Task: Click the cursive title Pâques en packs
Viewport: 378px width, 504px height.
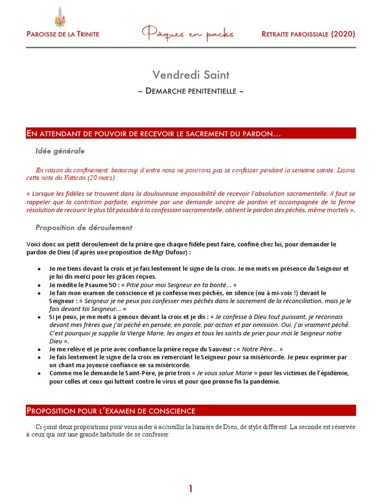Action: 188,34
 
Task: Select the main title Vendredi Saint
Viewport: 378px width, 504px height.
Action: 190,75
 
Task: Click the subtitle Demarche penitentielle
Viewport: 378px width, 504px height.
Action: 190,91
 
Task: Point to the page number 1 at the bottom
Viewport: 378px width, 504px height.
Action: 190,475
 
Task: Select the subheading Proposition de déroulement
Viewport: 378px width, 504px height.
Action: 84,227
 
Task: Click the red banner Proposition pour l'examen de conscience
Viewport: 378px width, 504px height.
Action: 111,410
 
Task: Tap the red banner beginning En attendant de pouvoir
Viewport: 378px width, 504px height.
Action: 154,134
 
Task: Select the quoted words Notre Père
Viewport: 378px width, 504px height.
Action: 268,348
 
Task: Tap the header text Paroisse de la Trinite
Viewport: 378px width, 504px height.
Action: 63,34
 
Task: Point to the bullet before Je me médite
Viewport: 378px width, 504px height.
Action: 39,285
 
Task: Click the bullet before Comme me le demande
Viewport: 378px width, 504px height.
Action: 39,373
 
